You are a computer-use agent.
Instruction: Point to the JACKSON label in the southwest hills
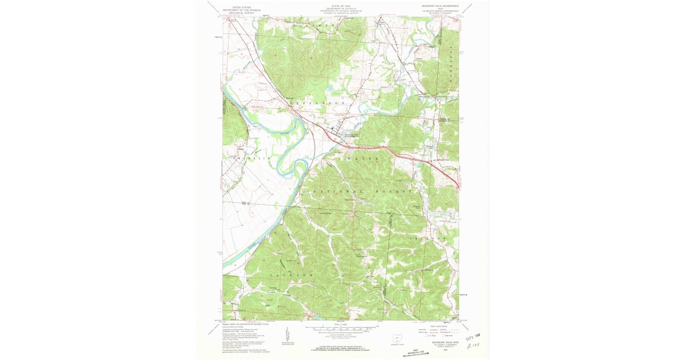296,275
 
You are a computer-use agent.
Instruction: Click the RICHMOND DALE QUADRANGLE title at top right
437,5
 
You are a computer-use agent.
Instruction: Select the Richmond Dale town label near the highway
351,135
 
